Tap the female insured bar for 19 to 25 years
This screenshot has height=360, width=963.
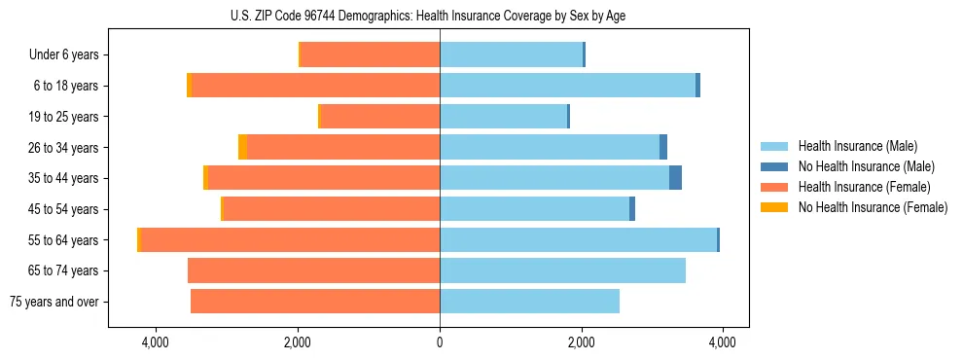pos(379,117)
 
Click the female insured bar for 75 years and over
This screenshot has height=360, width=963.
pos(315,302)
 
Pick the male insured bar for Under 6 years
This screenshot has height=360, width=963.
pos(511,54)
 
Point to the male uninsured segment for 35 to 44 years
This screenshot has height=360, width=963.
pos(675,178)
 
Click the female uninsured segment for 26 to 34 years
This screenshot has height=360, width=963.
pos(242,147)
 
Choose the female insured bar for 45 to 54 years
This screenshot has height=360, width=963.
pos(332,209)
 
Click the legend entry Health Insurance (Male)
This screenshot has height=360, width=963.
pos(857,146)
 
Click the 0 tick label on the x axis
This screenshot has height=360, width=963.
pos(440,342)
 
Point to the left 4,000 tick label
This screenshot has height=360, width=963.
pos(156,342)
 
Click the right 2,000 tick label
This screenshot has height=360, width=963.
pos(581,342)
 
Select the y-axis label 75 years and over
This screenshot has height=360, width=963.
pos(54,302)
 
